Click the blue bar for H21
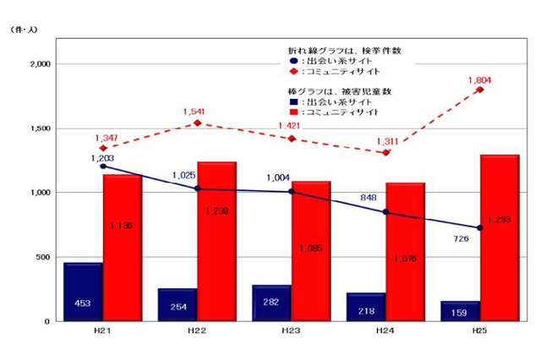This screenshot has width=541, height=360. tap(83, 292)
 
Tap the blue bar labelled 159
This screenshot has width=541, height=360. tap(460, 311)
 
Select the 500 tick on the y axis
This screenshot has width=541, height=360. tap(45, 257)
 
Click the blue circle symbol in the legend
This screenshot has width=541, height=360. tap(292, 61)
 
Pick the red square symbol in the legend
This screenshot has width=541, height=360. tap(292, 112)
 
